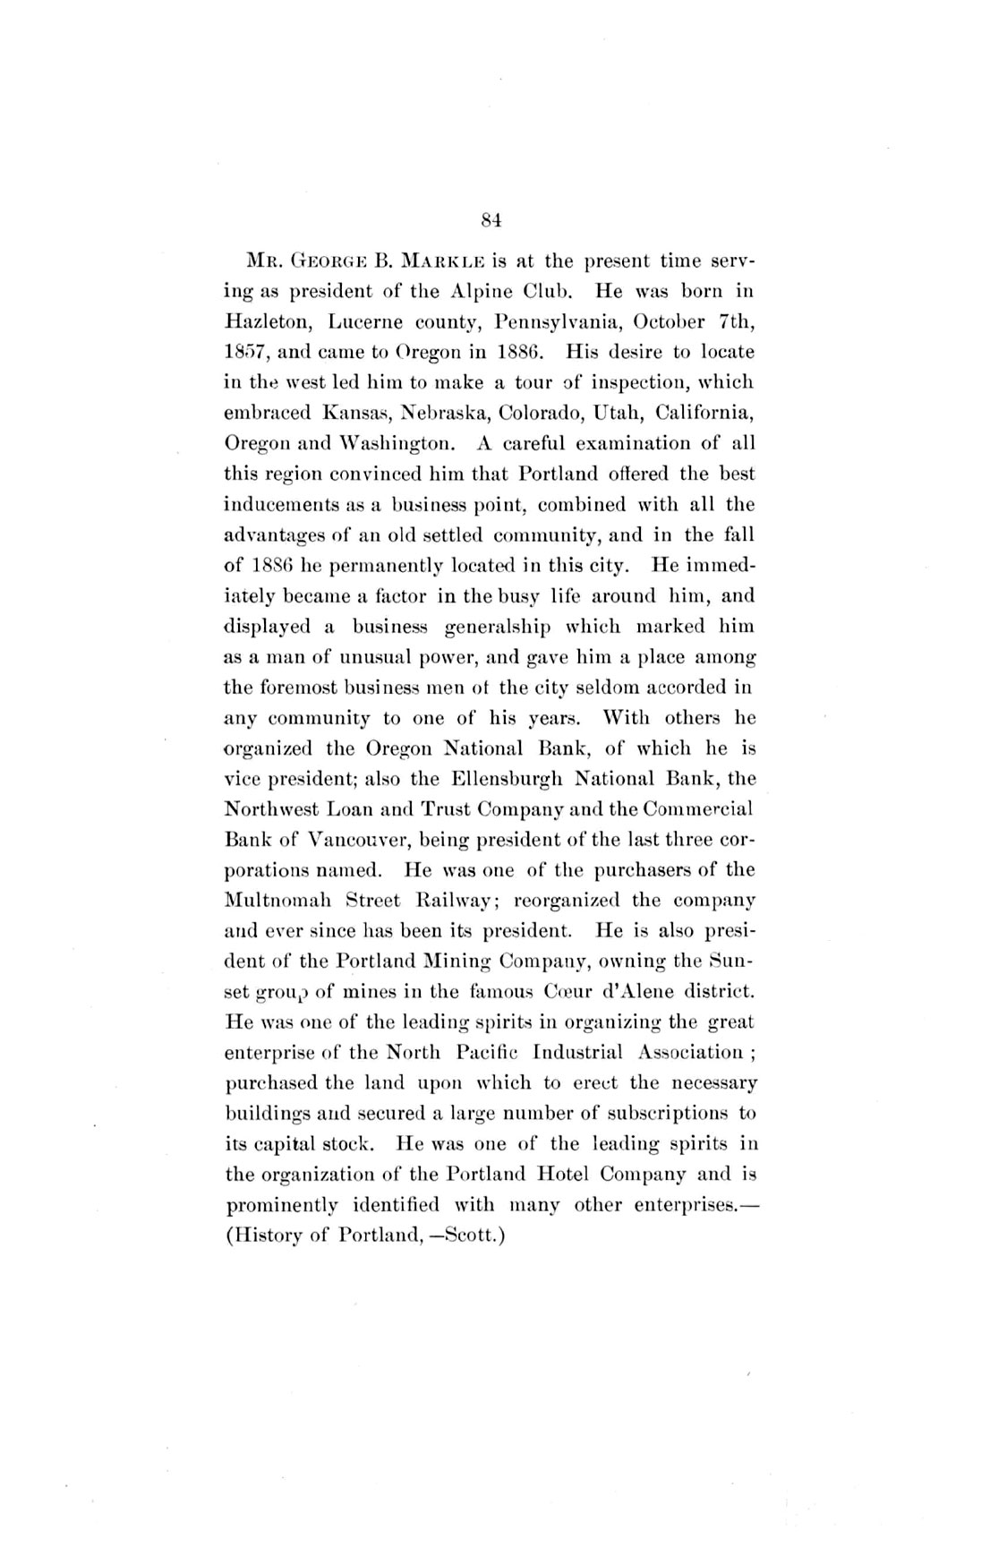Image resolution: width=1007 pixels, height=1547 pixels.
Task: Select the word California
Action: [x=707, y=413]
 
